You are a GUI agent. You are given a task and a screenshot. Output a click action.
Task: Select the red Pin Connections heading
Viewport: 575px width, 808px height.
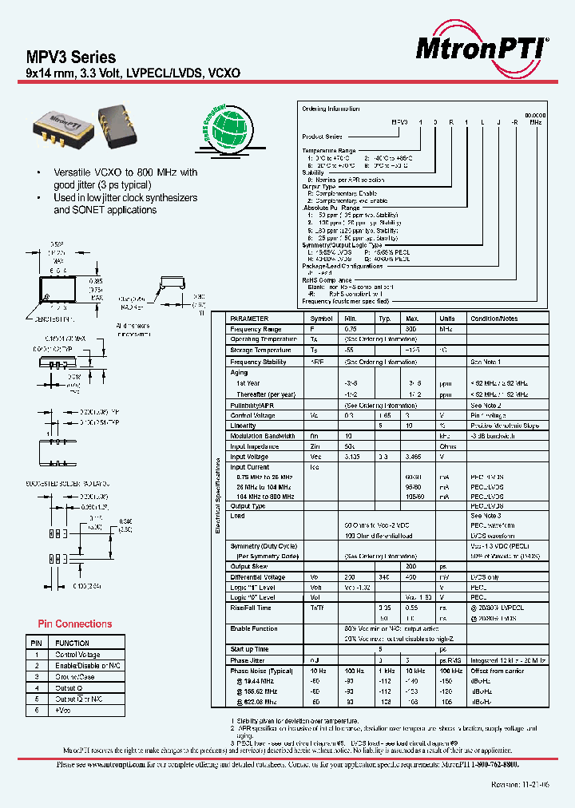pyautogui.click(x=75, y=624)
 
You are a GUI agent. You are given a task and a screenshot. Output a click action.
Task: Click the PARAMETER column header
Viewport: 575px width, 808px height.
pyautogui.click(x=249, y=318)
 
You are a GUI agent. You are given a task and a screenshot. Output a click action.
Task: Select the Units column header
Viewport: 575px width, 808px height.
pyautogui.click(x=446, y=318)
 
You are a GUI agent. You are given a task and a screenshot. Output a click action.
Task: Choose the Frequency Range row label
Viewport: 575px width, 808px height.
pyautogui.click(x=256, y=329)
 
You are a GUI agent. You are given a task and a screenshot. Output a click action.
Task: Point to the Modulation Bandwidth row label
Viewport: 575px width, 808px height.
pyautogui.click(x=263, y=436)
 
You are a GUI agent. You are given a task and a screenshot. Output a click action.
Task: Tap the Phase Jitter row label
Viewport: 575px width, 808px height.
pyautogui.click(x=248, y=659)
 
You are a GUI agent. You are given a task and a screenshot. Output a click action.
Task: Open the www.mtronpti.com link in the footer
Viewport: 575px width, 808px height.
pyautogui.click(x=112, y=764)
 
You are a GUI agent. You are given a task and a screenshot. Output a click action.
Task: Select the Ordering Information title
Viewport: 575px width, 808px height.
pyautogui.click(x=331, y=109)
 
